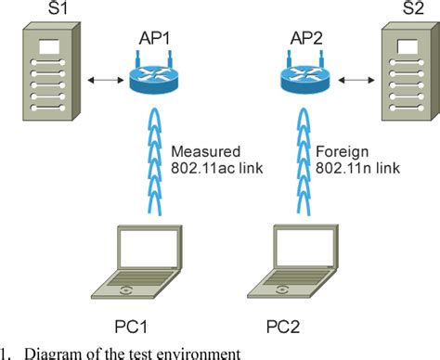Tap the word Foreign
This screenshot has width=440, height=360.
[340, 151]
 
